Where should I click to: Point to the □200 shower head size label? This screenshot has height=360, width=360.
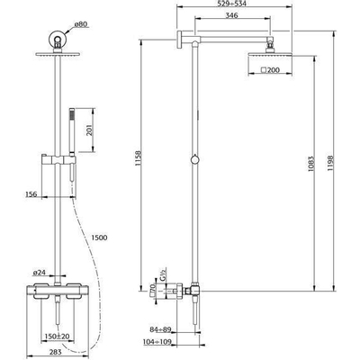tap(269, 70)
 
